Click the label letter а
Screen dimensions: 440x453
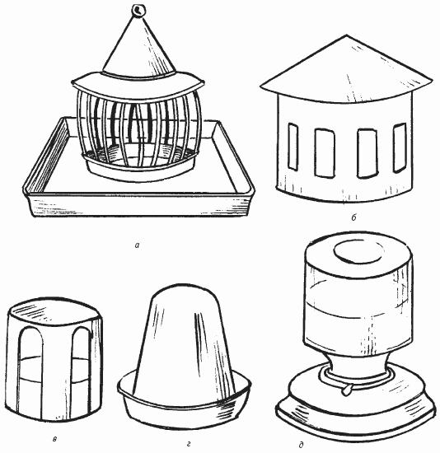[x=137, y=245]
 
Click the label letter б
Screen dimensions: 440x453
[x=354, y=217]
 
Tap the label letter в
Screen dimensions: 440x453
[x=55, y=440]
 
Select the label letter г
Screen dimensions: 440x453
[x=189, y=444]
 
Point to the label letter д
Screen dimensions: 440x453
[x=301, y=446]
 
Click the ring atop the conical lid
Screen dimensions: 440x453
[x=139, y=11]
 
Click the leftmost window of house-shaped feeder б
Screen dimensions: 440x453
[x=293, y=147]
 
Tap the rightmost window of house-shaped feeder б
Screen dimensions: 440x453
[x=400, y=147]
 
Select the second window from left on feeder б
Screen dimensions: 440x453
[x=325, y=153]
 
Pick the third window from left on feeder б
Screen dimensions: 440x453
[x=367, y=153]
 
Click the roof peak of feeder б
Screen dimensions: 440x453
[x=347, y=35]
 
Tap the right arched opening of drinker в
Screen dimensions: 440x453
[x=81, y=371]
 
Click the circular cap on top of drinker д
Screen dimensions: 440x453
[x=358, y=250]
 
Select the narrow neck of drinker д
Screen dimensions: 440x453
[x=357, y=366]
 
